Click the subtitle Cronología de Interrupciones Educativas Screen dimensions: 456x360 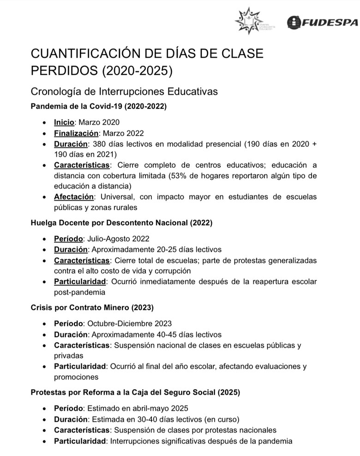124,92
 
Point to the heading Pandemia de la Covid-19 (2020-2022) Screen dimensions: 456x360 98,106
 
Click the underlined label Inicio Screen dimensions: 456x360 64,122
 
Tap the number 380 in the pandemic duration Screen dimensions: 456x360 98,144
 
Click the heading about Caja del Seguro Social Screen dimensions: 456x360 135,392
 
